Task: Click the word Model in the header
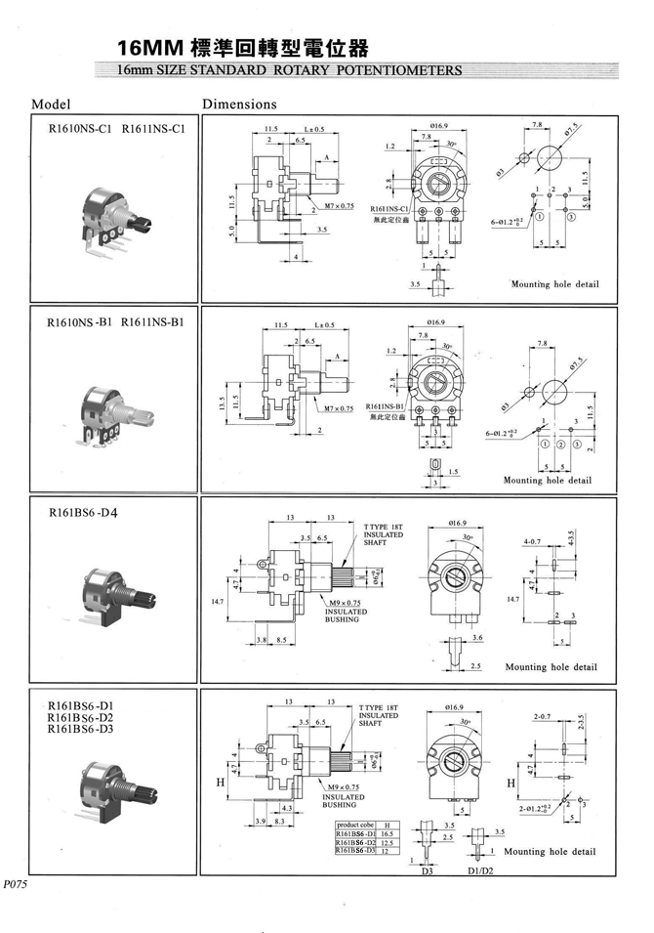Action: click(52, 104)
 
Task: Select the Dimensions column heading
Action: click(239, 104)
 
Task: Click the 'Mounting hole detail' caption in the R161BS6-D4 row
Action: click(551, 667)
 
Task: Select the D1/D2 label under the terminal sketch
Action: click(481, 870)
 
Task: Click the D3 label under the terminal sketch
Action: click(427, 870)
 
